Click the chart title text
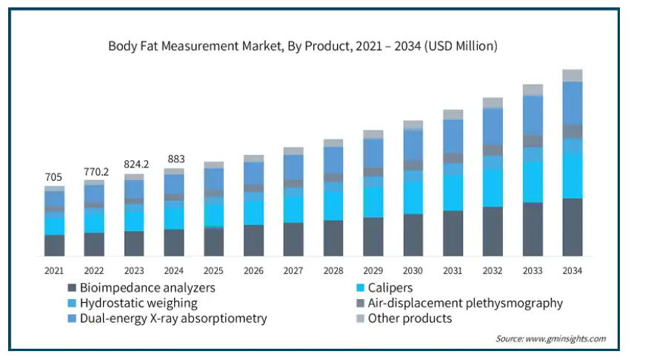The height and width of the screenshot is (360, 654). [303, 46]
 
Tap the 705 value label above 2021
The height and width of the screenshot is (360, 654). [54, 177]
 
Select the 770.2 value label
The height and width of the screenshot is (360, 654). [94, 171]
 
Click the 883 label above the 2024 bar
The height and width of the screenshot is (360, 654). [174, 159]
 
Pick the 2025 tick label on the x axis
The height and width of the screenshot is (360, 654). [214, 270]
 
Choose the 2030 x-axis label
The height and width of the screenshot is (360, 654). [413, 270]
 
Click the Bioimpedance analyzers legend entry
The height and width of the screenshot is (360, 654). [147, 287]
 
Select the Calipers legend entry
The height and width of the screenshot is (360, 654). [388, 287]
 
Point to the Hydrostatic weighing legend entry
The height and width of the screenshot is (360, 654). [138, 303]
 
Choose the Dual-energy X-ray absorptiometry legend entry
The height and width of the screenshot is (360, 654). [173, 319]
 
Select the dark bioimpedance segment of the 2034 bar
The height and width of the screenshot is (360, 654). [573, 227]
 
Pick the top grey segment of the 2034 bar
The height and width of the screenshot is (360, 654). [573, 76]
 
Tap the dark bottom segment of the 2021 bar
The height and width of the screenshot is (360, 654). [54, 245]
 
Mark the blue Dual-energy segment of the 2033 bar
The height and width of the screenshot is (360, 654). [533, 116]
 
